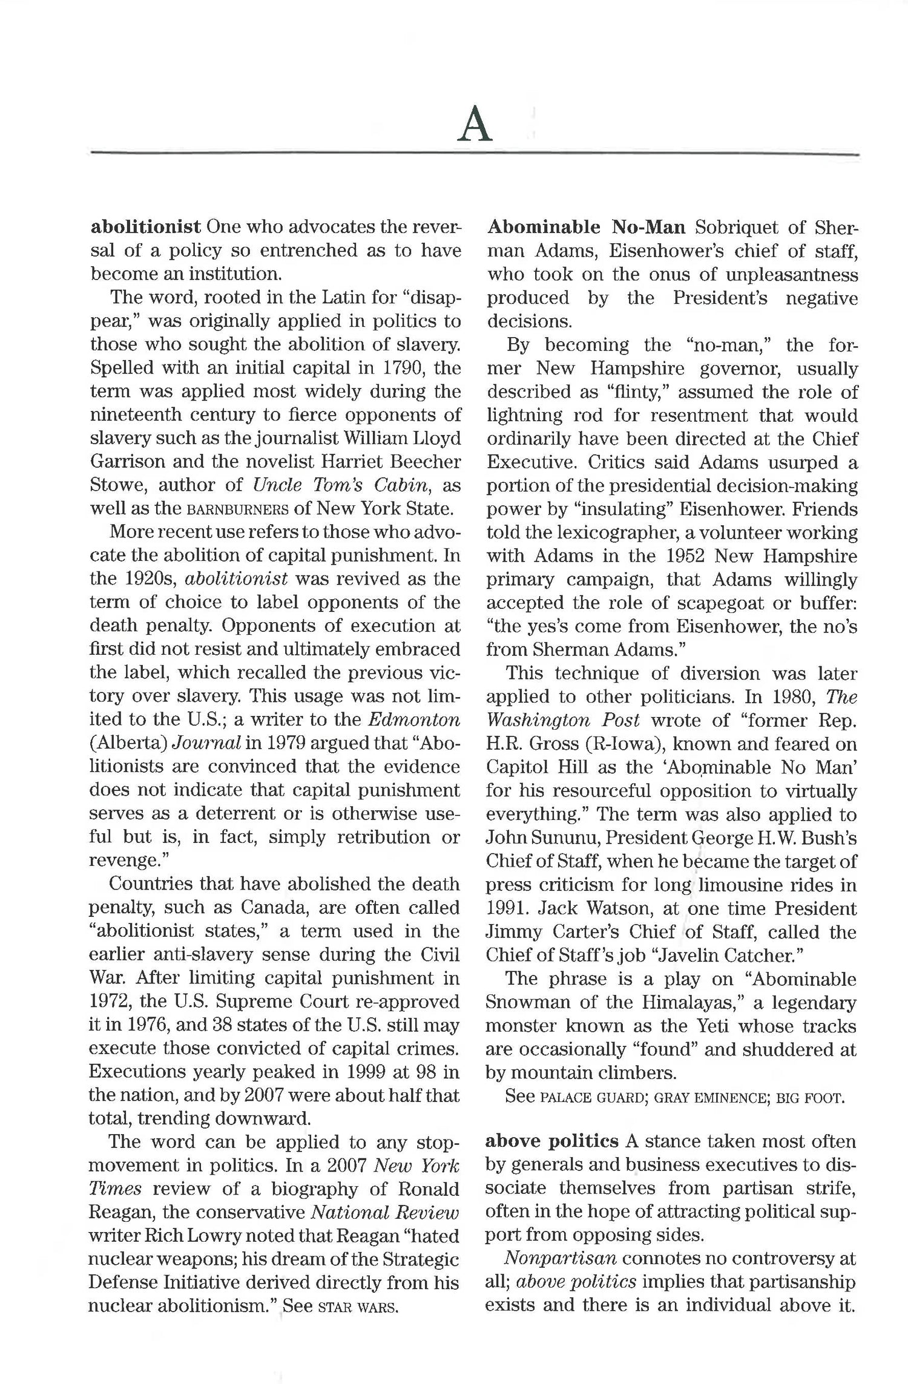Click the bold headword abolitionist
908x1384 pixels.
(x=145, y=227)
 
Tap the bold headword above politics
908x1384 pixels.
(x=551, y=1141)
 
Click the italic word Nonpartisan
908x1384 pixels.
(x=561, y=1259)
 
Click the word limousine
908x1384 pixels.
(x=743, y=885)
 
